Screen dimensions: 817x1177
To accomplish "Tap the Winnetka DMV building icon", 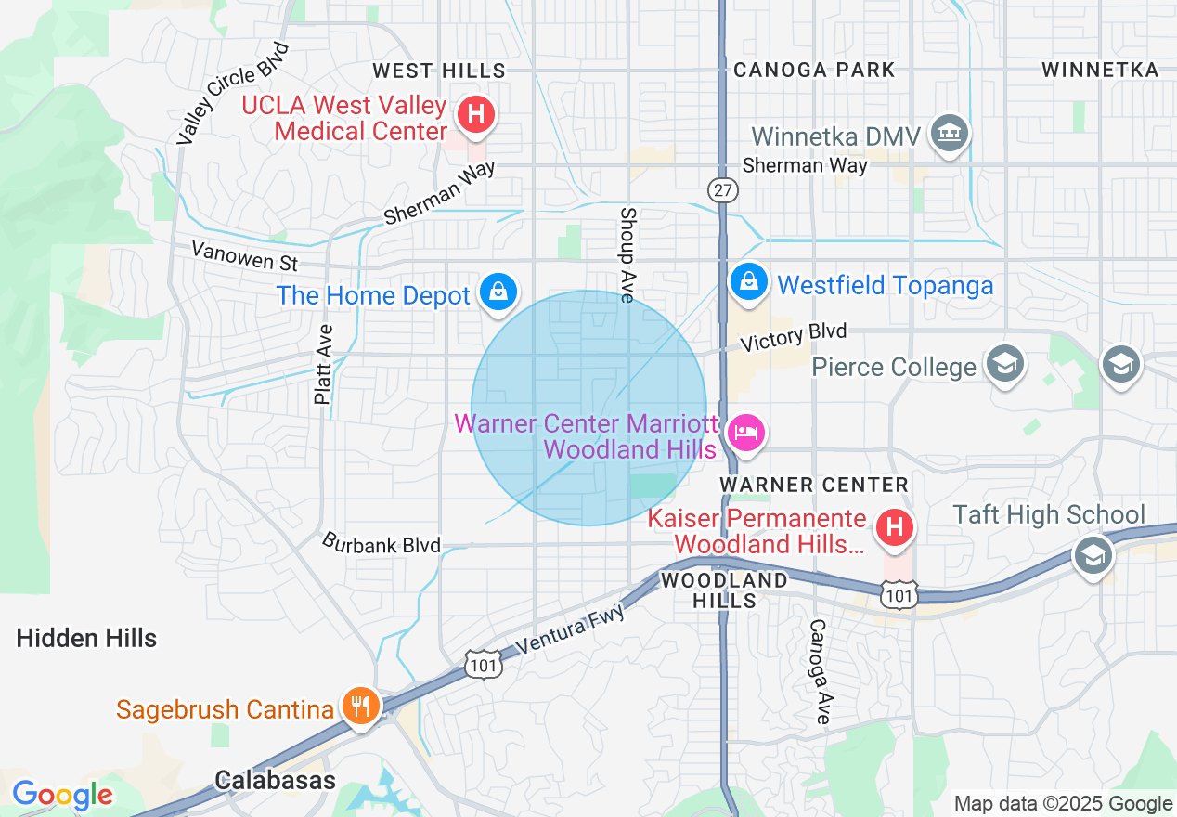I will coord(950,134).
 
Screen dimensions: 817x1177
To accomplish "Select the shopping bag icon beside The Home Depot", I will coord(498,292).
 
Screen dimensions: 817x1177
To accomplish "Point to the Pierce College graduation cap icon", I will coord(1004,364).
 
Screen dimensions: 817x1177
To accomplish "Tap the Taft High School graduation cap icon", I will coord(1093,555).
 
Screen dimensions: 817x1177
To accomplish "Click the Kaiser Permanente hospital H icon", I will coord(895,528).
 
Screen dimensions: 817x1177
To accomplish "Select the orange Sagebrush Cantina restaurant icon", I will coord(358,707).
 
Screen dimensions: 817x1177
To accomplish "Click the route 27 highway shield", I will coord(722,190).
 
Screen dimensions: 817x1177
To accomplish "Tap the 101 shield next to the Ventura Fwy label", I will coord(485,663).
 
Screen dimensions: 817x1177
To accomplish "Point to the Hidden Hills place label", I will coord(86,638).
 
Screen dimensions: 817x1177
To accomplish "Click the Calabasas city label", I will coord(275,780).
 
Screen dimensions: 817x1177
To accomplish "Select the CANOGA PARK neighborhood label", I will coord(814,71).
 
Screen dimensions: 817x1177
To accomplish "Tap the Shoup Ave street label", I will coord(627,254).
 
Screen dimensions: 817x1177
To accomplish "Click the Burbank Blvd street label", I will coord(381,543).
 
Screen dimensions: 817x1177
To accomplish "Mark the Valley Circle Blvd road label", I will coord(232,93).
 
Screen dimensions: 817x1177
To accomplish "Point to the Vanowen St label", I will coord(244,255).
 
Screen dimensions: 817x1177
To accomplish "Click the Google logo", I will coord(62,795).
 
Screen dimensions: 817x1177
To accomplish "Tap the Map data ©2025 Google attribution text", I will coord(1063,804).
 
